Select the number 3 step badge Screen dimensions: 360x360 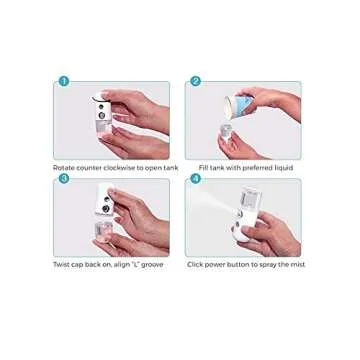tap(64, 178)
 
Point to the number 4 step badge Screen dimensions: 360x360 tap(195, 178)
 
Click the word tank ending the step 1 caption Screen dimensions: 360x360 tap(171, 167)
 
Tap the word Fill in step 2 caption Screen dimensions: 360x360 tap(203, 167)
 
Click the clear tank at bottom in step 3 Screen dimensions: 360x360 tap(103, 236)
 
